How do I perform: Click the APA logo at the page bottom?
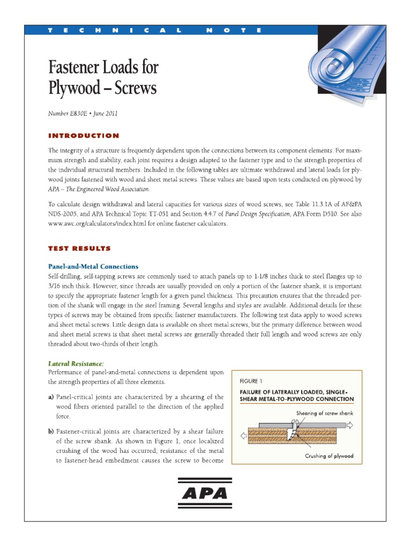click(205, 494)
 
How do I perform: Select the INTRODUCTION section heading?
click(84, 136)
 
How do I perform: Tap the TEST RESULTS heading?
click(80, 248)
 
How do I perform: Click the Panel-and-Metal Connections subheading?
click(93, 266)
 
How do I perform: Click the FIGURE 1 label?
click(249, 381)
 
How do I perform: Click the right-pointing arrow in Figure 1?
click(349, 425)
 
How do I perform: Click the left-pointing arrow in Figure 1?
click(243, 435)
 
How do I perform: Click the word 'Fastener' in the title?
click(80, 68)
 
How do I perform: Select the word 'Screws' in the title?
click(136, 88)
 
